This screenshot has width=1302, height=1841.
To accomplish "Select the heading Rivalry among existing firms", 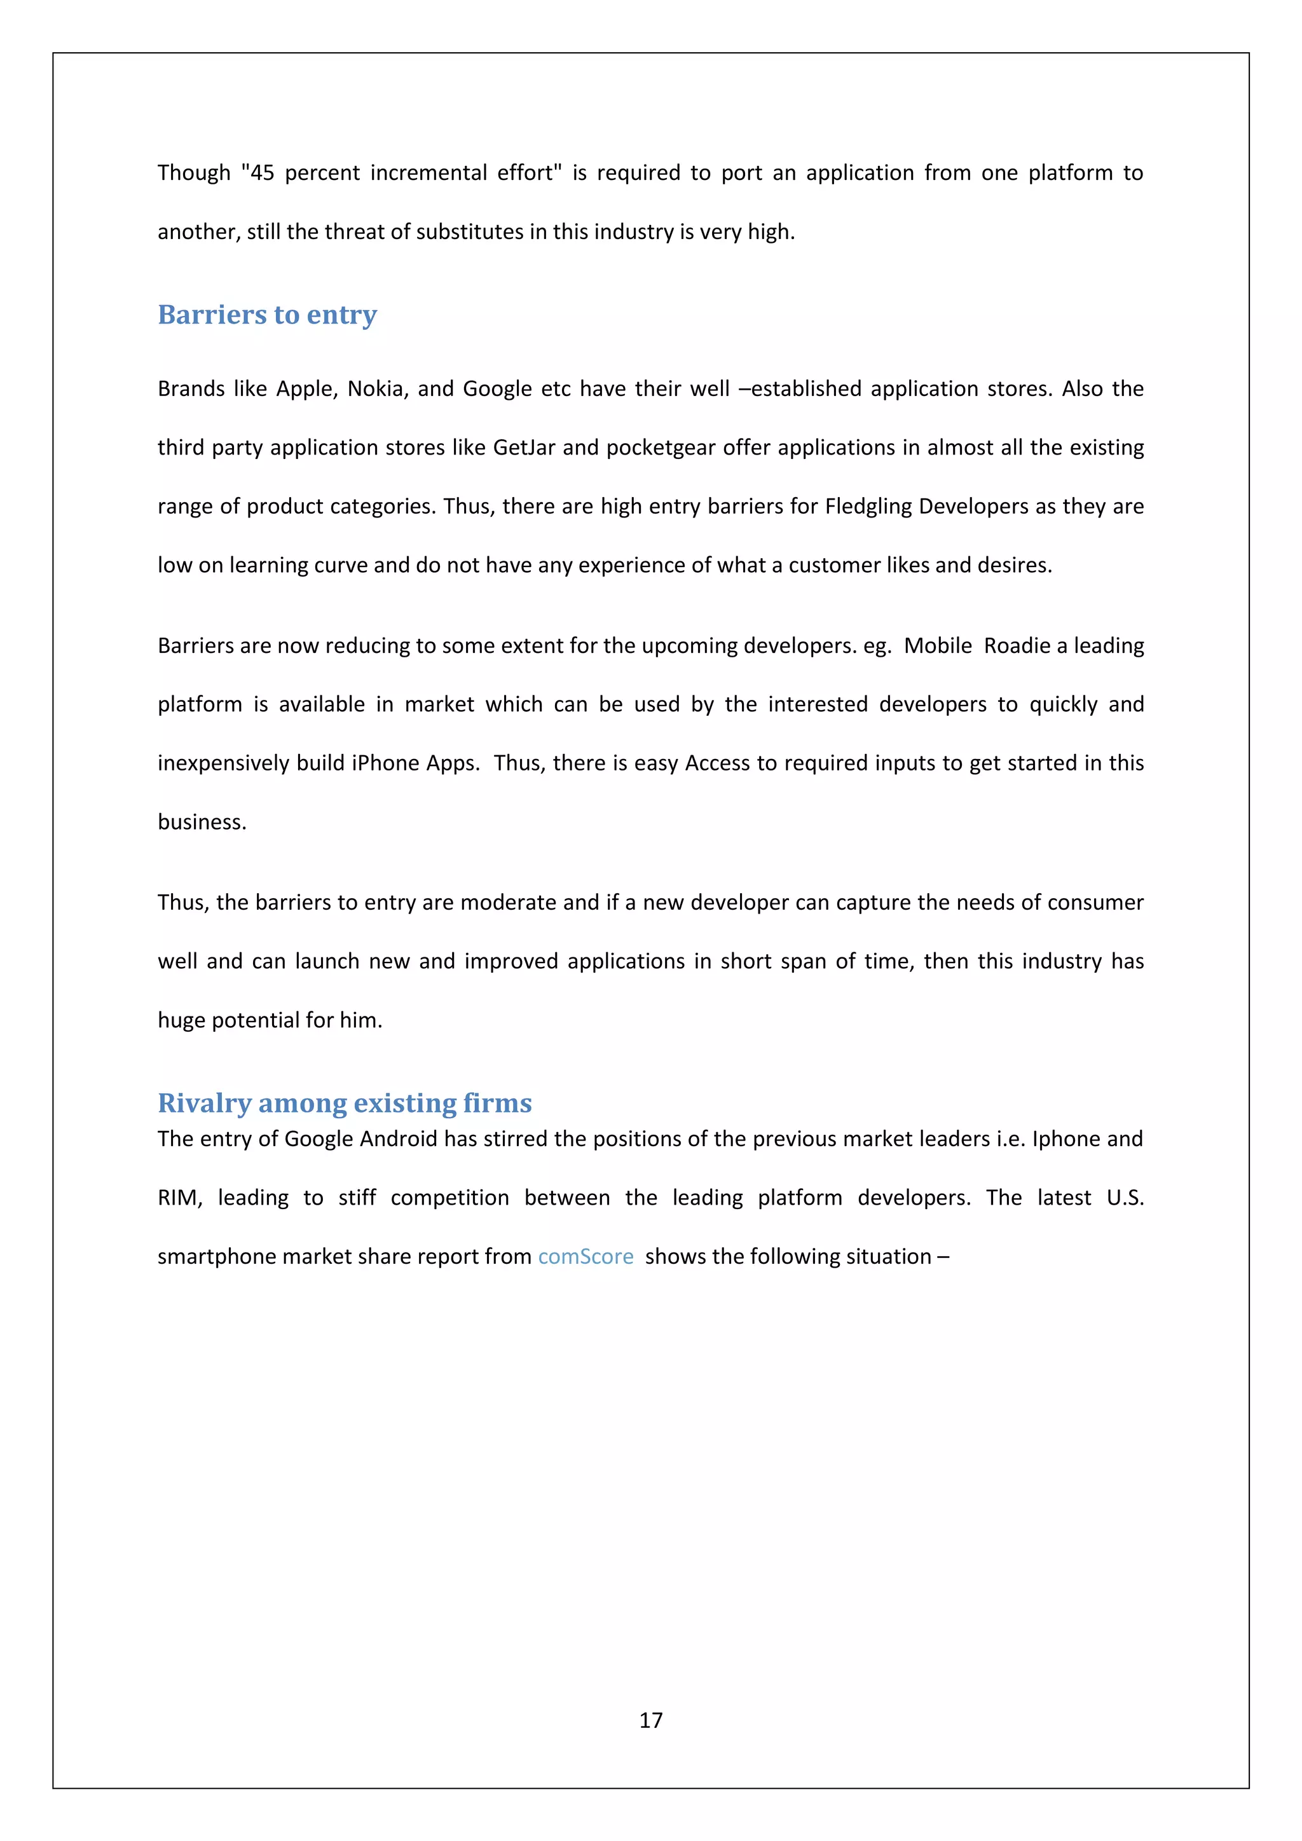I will (x=345, y=1104).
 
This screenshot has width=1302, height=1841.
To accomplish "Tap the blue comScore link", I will (x=586, y=1256).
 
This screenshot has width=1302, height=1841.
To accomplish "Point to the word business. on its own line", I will (x=202, y=822).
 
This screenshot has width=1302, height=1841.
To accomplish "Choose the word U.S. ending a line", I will (x=1124, y=1198).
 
